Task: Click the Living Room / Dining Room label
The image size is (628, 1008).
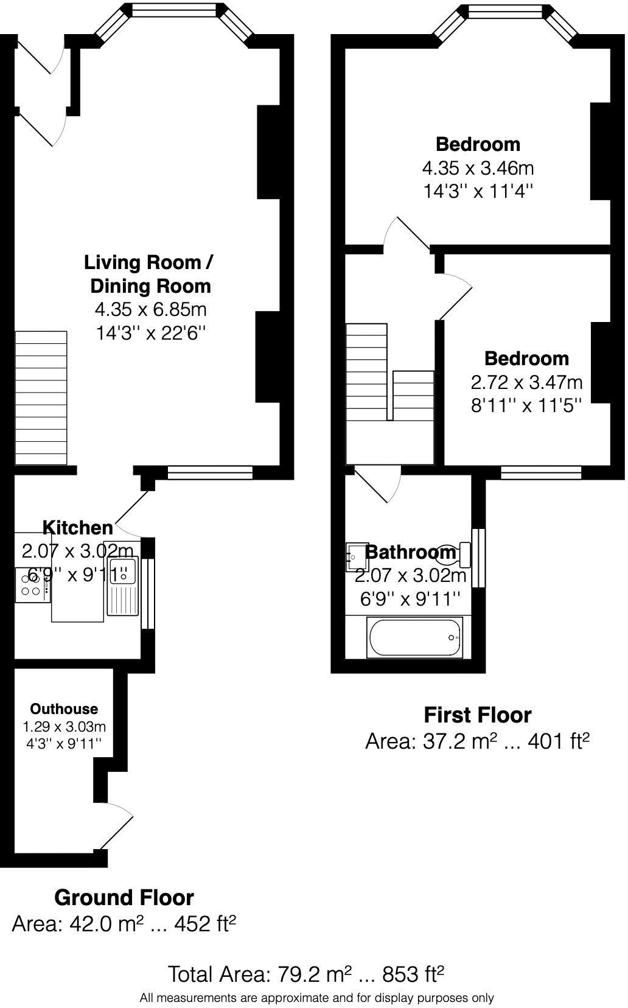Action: tap(149, 275)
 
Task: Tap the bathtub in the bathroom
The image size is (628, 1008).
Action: tap(416, 637)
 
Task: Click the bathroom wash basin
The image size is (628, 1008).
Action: tap(354, 557)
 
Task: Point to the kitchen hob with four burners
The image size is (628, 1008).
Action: tap(32, 585)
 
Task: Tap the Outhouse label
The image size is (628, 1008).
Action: tap(64, 709)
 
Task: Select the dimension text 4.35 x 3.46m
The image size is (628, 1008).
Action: tap(478, 168)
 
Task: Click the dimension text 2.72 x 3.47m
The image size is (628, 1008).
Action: tap(526, 382)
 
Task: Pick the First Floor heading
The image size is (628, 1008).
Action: tap(477, 715)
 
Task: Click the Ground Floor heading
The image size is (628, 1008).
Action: tap(124, 897)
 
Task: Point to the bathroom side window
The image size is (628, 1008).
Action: tap(479, 558)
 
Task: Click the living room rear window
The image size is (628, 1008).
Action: tap(210, 472)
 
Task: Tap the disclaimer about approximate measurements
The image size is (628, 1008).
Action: tap(316, 998)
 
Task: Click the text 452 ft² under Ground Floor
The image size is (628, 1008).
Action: tap(205, 924)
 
